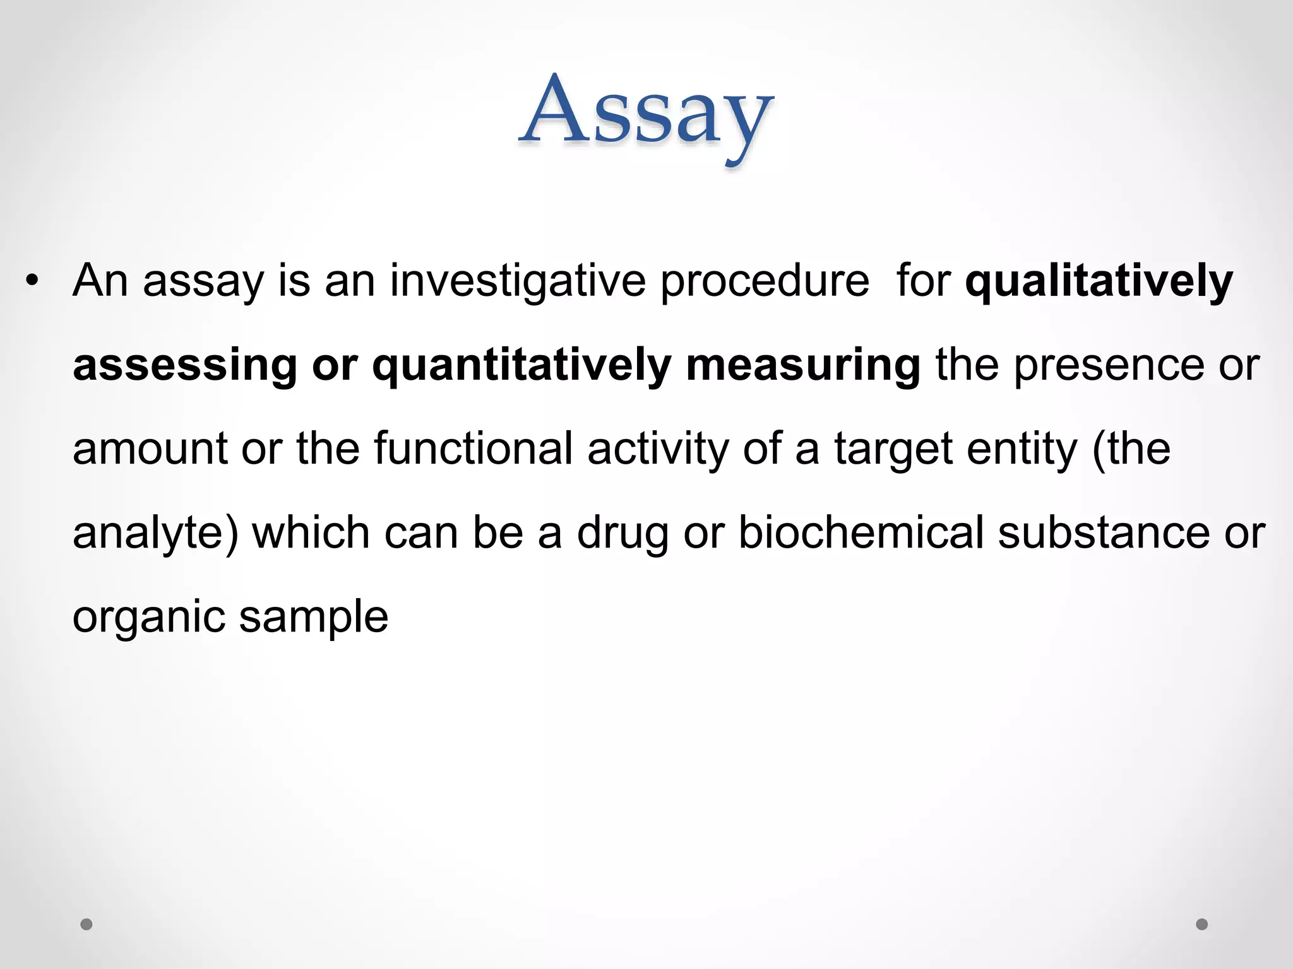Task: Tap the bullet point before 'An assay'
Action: [x=32, y=281]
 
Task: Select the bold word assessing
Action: [x=184, y=366]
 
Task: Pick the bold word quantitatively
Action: [x=521, y=366]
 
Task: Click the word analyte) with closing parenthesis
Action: [x=155, y=534]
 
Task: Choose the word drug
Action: [x=622, y=534]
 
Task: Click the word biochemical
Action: [x=861, y=532]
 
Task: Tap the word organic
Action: [x=149, y=618]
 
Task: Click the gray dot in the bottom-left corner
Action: [x=86, y=924]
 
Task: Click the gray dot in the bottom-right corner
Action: [x=1202, y=924]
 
